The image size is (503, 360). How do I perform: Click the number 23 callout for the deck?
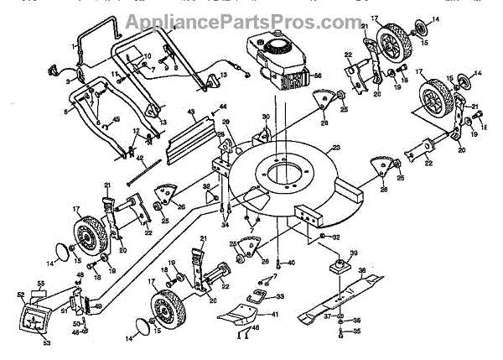point(338,149)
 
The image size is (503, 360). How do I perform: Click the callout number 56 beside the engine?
point(317,75)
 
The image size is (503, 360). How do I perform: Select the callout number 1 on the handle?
point(76,41)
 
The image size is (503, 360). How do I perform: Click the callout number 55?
point(39,285)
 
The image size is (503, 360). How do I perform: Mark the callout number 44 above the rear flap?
point(223,107)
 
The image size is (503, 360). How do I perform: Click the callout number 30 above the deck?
point(265,117)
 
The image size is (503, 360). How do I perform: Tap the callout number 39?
point(354,253)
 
